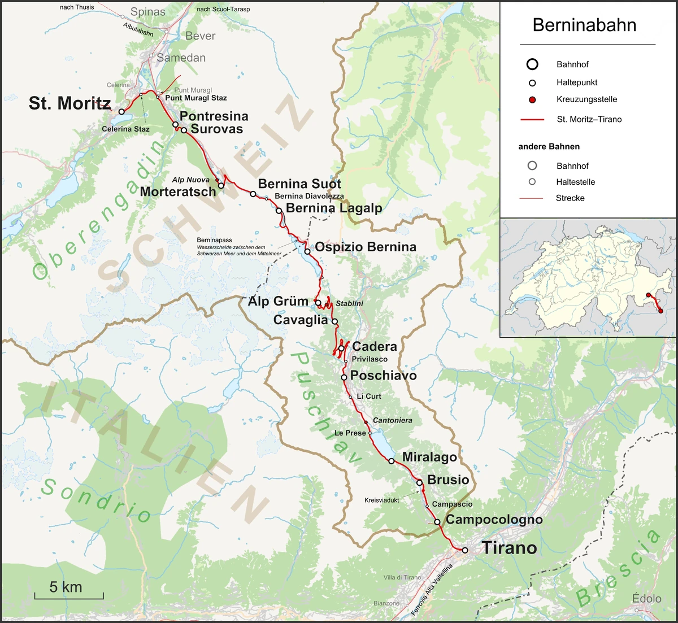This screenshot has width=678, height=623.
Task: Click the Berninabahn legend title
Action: point(584,25)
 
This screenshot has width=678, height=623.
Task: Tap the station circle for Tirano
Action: point(465,550)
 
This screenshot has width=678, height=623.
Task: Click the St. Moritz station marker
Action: point(121,112)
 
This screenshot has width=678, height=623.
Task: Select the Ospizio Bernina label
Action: point(365,247)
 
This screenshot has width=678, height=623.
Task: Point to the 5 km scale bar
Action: point(68,594)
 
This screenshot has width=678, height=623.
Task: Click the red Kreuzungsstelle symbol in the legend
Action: point(532,100)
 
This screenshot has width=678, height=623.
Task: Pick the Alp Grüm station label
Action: point(278,301)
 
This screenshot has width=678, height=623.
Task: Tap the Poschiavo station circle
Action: point(344,377)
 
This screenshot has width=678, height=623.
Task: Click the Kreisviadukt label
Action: point(381,500)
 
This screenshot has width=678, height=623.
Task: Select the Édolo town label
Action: point(646,599)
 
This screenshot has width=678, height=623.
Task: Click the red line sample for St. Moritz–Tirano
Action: point(532,120)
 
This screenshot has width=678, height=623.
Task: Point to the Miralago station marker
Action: point(392,461)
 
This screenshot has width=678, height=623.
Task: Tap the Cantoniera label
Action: point(392,420)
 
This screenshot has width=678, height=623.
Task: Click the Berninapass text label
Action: point(214,240)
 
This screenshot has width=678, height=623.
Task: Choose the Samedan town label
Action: point(181,58)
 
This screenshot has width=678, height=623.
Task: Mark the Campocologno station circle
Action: point(437,522)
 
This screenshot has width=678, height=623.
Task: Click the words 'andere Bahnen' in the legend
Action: point(549,146)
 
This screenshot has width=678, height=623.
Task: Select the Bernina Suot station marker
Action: point(253,194)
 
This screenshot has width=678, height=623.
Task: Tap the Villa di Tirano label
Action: point(402,577)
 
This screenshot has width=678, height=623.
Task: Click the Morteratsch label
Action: point(178,191)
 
